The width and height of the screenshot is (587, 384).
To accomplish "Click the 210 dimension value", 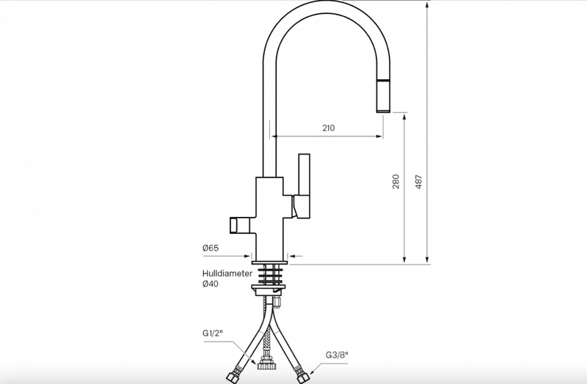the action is (328, 128).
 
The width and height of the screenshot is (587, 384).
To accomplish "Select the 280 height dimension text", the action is (395, 181).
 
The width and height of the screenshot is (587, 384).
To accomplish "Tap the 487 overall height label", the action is (419, 181).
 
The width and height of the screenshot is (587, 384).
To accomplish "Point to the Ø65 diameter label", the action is (211, 248).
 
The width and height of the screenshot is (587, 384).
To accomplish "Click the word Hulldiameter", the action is (227, 273).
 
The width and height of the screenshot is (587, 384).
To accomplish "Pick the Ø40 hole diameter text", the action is (211, 284).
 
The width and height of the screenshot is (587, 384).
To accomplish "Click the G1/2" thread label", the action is (213, 333).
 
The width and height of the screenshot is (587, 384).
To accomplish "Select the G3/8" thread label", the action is (337, 355).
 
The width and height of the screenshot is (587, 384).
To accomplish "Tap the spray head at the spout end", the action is (383, 95).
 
